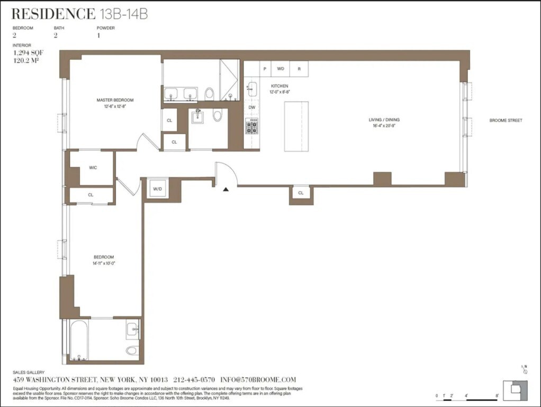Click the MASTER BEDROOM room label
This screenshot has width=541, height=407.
(115, 100)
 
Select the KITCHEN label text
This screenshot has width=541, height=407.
(279, 86)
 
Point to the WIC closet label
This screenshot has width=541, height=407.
(93, 168)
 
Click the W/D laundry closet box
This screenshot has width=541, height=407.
(158, 189)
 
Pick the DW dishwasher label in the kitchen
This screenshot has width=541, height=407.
(252, 108)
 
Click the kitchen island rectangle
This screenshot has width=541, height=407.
(296, 127)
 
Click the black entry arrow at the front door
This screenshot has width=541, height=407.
(226, 189)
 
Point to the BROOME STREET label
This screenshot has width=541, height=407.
(506, 120)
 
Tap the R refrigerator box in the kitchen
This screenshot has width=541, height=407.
(299, 69)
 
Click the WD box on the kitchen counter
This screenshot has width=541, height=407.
(281, 69)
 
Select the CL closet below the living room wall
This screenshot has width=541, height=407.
(301, 193)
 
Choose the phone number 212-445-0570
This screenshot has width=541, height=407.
(194, 380)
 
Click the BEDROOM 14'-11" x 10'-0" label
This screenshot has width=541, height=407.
(104, 260)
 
